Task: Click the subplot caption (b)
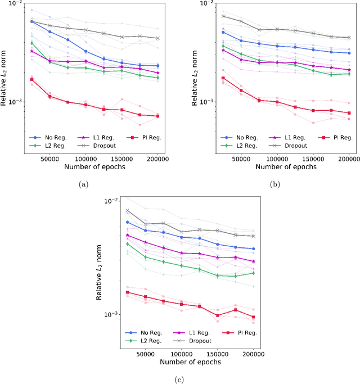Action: [x=274, y=183]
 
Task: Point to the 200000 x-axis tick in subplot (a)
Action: [x=157, y=160]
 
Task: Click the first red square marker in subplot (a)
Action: [x=31, y=79]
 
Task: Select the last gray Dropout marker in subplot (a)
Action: [x=157, y=38]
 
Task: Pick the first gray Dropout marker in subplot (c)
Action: [x=128, y=211]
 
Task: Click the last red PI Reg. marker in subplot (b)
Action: [x=349, y=113]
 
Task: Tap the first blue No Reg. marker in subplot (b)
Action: [x=223, y=32]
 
